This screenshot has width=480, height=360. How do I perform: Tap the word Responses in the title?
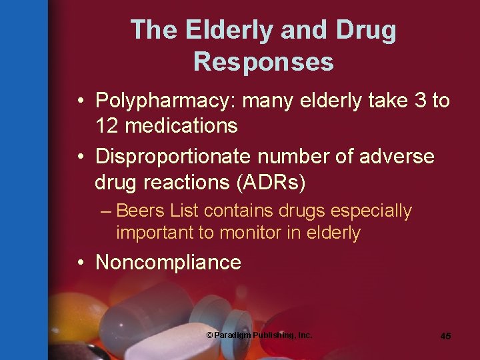[263, 62]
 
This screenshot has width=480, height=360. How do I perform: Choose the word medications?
[181, 125]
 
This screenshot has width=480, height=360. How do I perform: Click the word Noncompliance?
[168, 262]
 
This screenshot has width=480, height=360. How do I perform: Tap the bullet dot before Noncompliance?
[80, 262]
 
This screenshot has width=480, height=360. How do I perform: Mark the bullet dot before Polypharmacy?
[80, 101]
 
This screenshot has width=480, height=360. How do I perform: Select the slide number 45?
[445, 336]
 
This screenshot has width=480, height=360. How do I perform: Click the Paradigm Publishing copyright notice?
[259, 335]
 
